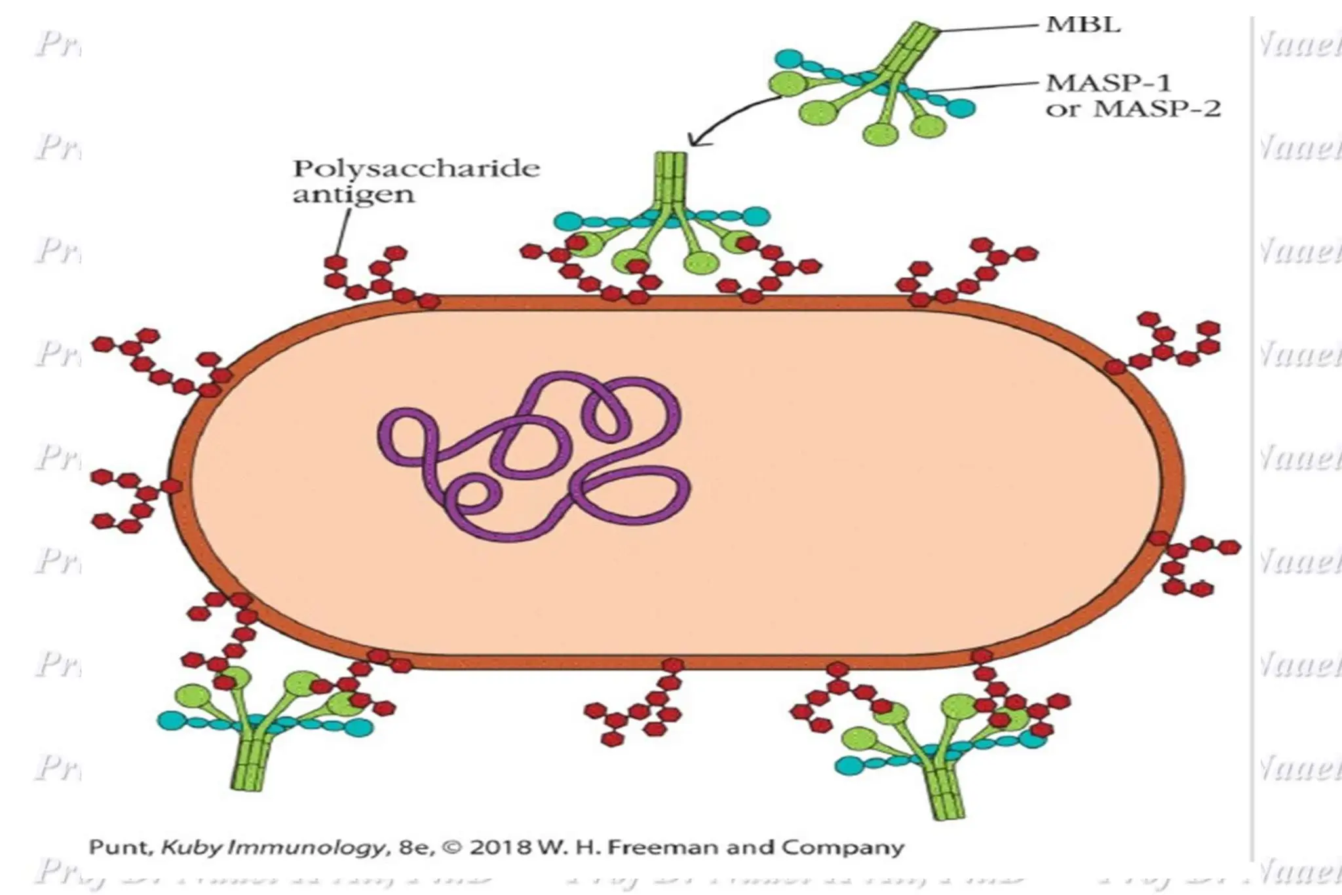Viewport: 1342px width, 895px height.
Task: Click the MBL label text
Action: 1083,25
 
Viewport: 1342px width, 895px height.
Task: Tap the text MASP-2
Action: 1157,108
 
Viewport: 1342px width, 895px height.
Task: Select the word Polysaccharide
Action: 417,169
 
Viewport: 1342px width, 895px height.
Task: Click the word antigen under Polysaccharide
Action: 353,195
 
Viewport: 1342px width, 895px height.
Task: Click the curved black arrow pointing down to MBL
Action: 727,118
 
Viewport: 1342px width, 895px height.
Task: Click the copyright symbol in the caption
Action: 451,847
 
